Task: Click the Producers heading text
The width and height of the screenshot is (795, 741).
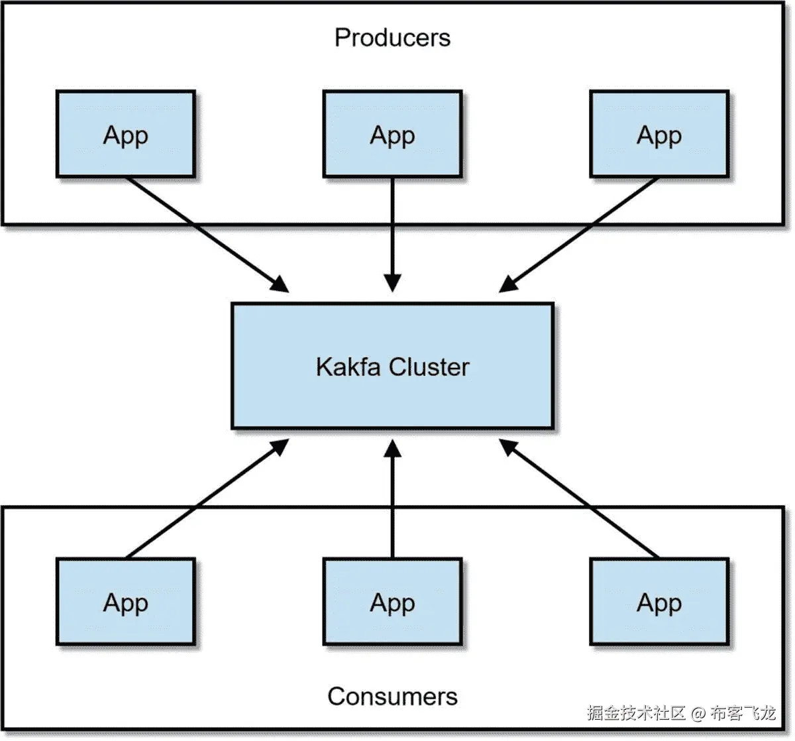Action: (x=392, y=38)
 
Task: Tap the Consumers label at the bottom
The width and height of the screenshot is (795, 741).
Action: (x=392, y=697)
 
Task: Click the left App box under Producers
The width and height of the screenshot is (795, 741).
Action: (x=126, y=135)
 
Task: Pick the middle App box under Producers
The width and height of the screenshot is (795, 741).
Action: (x=392, y=135)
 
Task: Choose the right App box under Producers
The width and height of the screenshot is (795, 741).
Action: (x=659, y=135)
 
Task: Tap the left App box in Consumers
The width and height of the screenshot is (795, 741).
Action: (x=126, y=602)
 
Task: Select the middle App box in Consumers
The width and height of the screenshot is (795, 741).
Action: (x=392, y=602)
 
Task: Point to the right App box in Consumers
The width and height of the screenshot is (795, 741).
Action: (x=659, y=602)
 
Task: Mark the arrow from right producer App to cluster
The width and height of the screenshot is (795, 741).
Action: (x=579, y=234)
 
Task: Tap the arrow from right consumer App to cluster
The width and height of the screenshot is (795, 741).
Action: (x=579, y=498)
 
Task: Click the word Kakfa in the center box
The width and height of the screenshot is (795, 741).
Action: (x=348, y=367)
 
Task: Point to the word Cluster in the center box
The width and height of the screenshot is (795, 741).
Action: (x=429, y=367)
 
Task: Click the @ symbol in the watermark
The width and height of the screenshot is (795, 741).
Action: (x=698, y=714)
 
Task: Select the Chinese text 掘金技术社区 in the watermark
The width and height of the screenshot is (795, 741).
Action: (x=636, y=714)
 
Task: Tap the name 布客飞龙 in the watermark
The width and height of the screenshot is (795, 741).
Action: (x=743, y=714)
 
